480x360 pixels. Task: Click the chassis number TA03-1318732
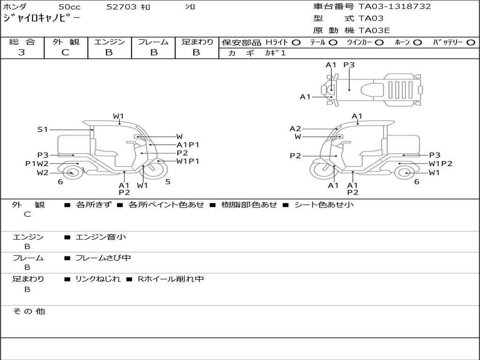[x=395, y=7]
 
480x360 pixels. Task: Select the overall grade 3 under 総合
[x=22, y=52]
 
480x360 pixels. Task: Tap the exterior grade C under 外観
[x=65, y=52]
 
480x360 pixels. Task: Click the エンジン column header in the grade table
[x=109, y=42]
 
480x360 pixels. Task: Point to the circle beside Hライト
[x=296, y=43]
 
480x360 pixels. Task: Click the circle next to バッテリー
[x=471, y=43]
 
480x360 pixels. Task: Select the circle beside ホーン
[x=417, y=43]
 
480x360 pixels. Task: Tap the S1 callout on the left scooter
[x=43, y=129]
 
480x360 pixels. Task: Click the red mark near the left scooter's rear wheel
[x=83, y=170]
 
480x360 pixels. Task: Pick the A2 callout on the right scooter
[x=295, y=128]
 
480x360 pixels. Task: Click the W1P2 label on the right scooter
[x=441, y=164]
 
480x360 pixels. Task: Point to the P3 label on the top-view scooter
[x=349, y=65]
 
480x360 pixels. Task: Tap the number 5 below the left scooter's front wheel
[x=168, y=181]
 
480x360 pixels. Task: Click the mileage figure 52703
[x=121, y=7]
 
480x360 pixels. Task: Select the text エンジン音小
[x=100, y=237]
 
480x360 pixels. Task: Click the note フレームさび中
[x=103, y=258]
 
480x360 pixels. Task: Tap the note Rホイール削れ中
[x=171, y=279]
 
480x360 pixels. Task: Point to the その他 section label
[x=29, y=311]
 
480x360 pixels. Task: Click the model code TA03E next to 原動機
[x=374, y=30]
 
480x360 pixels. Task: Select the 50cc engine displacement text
[x=69, y=7]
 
